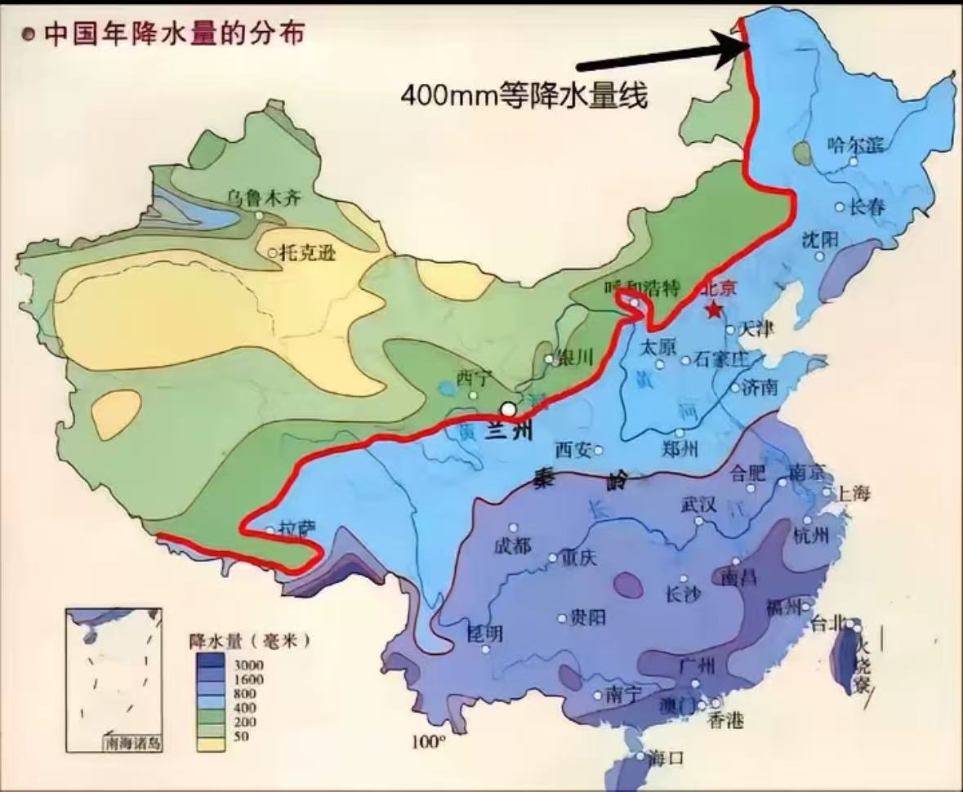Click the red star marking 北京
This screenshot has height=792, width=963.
coord(714,310)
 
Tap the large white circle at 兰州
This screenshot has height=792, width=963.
coord(509,408)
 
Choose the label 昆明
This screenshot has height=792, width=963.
coord(484,634)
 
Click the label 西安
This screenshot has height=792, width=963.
coord(573,449)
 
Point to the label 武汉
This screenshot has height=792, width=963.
coord(698,505)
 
